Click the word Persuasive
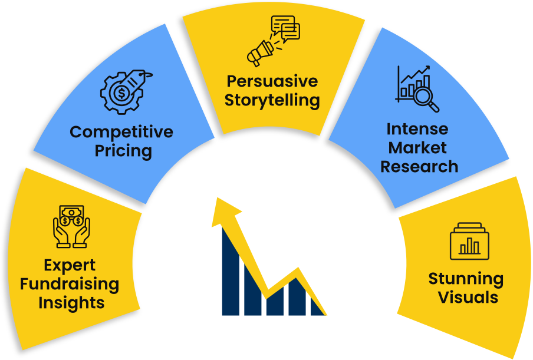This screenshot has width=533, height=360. tap(272, 81)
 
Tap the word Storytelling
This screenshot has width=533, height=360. tap(272, 101)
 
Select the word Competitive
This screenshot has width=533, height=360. tap(121, 132)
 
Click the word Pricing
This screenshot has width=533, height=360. tap(123, 151)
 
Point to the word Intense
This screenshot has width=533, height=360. tap(417, 129)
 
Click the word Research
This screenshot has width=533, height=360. tap(419, 167)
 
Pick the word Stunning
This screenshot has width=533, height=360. tap(466, 279)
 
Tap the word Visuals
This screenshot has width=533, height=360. tap(468, 298)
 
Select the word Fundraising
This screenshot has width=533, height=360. tap(70, 285)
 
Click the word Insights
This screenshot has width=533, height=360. tap(71, 303)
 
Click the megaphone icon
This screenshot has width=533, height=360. tap(260, 53)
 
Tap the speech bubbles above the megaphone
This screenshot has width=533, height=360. tap(285, 28)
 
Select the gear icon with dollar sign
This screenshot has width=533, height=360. tap(121, 93)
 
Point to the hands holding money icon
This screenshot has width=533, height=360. tap(72, 226)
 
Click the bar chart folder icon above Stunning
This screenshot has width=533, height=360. tap(469, 241)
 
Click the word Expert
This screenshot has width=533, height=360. tap(70, 266)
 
